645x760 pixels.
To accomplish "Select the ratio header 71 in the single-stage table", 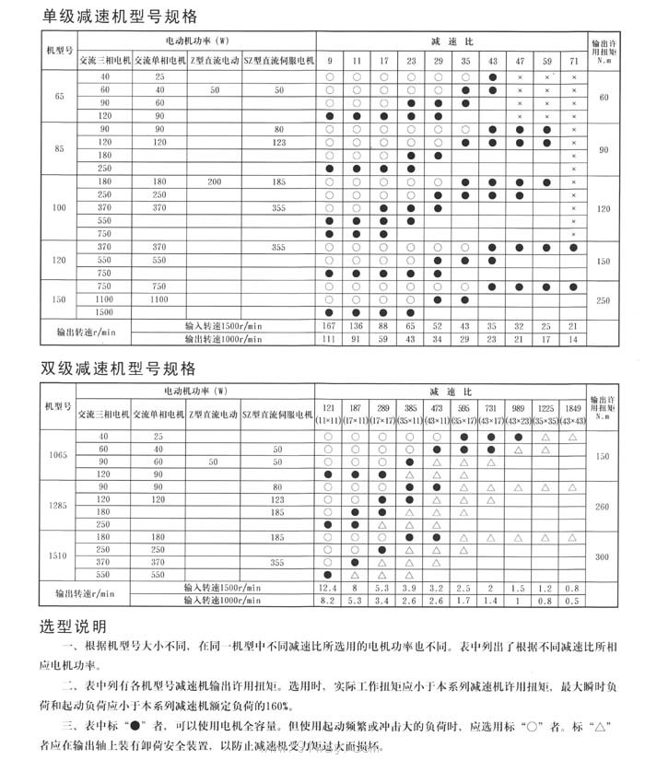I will click(x=573, y=61).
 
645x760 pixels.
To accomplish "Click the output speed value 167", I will click(x=329, y=326).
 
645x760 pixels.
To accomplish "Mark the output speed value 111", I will click(x=329, y=339).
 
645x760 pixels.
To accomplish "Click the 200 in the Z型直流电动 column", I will click(x=214, y=182).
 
